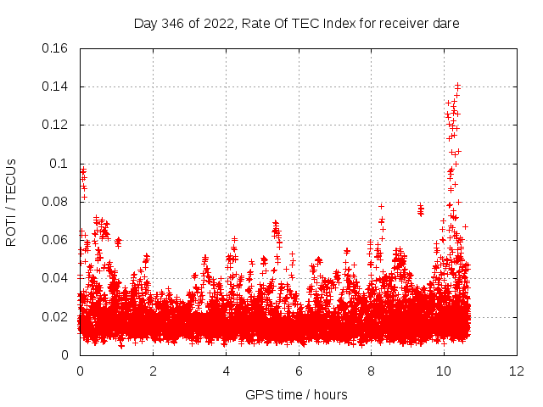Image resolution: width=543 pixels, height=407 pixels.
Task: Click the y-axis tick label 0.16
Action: pyautogui.click(x=56, y=48)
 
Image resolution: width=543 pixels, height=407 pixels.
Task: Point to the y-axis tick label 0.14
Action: pyautogui.click(x=56, y=86)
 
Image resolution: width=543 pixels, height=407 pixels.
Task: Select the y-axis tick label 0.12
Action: pyautogui.click(x=56, y=125)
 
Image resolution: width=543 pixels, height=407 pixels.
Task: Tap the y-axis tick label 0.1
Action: pyautogui.click(x=60, y=164)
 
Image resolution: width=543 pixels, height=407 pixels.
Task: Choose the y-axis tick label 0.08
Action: pyautogui.click(x=56, y=202)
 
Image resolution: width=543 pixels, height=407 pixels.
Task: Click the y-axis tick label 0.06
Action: pyautogui.click(x=56, y=240)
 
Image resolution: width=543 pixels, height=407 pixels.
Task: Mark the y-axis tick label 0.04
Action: pyautogui.click(x=56, y=278)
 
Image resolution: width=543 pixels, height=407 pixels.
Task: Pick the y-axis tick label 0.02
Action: pyautogui.click(x=56, y=317)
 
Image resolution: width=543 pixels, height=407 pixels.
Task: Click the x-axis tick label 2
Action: pyautogui.click(x=153, y=371)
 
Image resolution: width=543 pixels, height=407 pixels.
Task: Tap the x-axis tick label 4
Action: pyautogui.click(x=226, y=371)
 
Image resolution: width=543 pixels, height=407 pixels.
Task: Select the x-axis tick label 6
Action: pyautogui.click(x=299, y=371)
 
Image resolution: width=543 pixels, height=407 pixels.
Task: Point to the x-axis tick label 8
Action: pyautogui.click(x=372, y=371)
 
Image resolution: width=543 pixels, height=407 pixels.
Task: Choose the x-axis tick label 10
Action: pyautogui.click(x=445, y=371)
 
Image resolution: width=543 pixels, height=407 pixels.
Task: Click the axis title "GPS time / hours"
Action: pyautogui.click(x=296, y=394)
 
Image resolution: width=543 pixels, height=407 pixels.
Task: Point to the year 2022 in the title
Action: pyautogui.click(x=216, y=24)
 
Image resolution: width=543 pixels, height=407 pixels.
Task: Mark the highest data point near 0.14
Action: pyautogui.click(x=458, y=85)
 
